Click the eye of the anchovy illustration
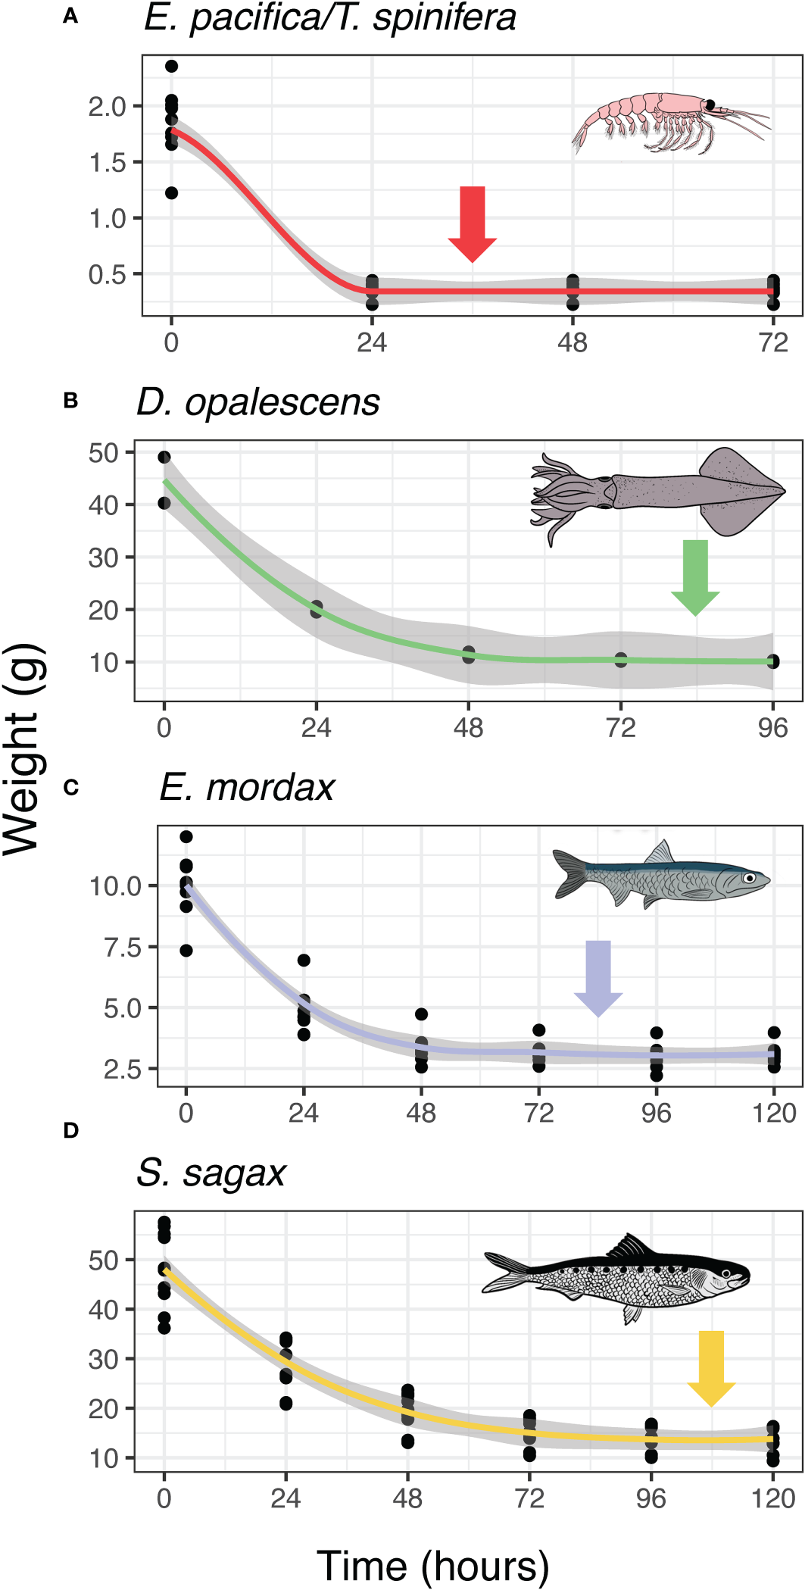[749, 878]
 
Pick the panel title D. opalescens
[258, 402]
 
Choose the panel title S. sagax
[211, 1173]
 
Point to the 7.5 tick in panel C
[123, 947]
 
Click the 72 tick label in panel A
[772, 343]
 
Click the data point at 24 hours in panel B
[317, 609]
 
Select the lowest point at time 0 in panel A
[171, 193]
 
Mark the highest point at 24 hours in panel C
[304, 961]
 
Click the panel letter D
[70, 1131]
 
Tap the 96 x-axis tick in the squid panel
[772, 728]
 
